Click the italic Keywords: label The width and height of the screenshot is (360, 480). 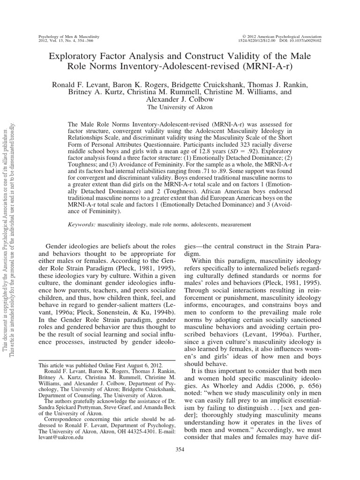[x=82, y=225]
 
